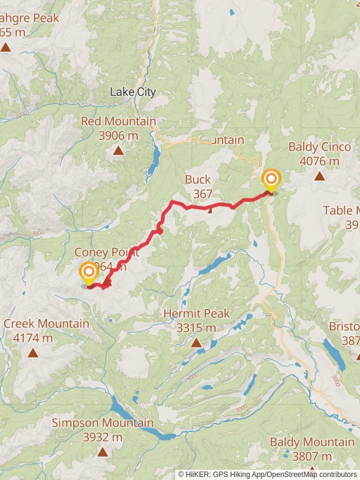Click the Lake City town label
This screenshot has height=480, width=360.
pos(133,92)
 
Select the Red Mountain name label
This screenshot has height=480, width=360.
pos(118,122)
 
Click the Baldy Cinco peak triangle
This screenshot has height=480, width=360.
pos(319,176)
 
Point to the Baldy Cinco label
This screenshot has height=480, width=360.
pos(314,147)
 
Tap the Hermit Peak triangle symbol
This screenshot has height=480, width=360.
pos(196,343)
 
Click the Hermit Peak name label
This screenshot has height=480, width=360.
pos(196,314)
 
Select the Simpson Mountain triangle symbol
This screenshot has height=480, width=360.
pos(103,452)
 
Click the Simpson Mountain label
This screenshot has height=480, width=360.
pos(103,423)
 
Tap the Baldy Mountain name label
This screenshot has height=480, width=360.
pos(312,443)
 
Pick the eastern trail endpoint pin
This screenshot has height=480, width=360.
pos(271,180)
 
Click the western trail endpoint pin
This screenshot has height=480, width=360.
pos(89,273)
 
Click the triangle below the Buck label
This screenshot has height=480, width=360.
pos(210,209)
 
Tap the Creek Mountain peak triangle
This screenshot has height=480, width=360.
pos(33,353)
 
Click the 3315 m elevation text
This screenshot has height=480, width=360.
pos(196,328)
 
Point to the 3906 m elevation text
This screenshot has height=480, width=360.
pos(118,136)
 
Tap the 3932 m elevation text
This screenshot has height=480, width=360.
pos(103,437)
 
